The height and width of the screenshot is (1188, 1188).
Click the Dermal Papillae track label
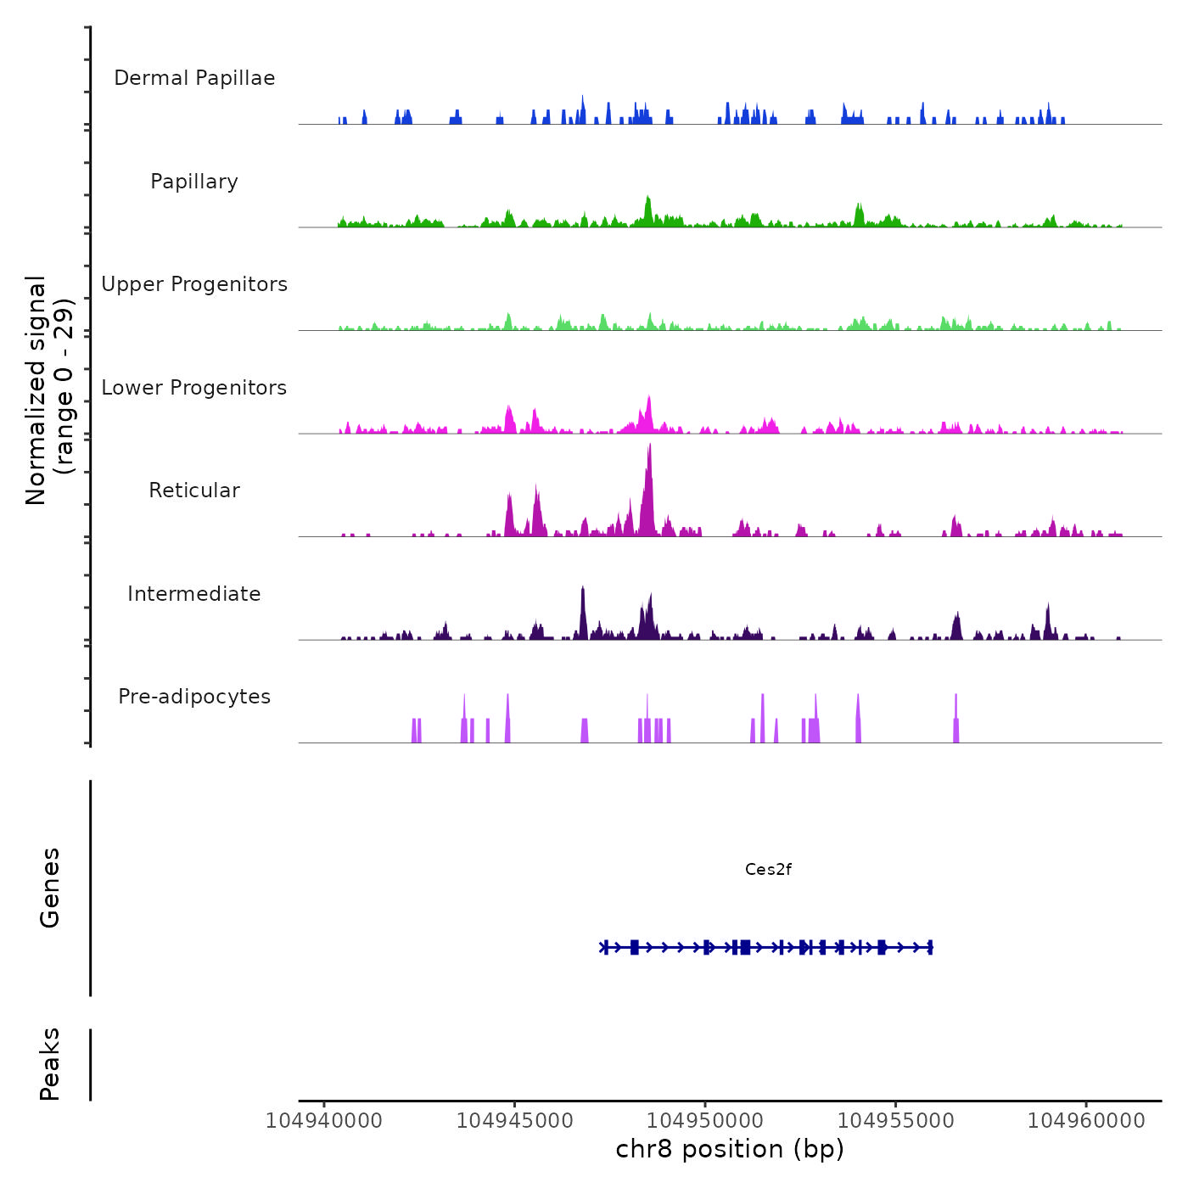194,78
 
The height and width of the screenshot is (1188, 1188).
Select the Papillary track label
194,182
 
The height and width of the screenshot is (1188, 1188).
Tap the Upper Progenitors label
194,284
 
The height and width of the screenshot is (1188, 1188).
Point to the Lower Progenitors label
194,388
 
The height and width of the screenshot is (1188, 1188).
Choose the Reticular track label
194,490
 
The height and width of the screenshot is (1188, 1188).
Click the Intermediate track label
194,594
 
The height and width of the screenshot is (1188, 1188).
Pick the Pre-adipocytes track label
194,697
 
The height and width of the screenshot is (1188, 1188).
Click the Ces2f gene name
768,869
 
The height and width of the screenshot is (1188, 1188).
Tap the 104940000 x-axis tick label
324,1121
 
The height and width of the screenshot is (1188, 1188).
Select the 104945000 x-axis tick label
514,1121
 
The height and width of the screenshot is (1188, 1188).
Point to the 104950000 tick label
705,1121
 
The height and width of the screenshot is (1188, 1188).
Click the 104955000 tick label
895,1121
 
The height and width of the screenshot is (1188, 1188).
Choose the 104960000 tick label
1086,1121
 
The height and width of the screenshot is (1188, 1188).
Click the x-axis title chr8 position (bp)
730,1149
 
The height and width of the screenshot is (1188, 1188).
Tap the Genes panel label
49,888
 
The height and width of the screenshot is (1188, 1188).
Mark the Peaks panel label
49,1064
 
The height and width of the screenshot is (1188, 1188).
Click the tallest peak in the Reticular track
650,446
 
